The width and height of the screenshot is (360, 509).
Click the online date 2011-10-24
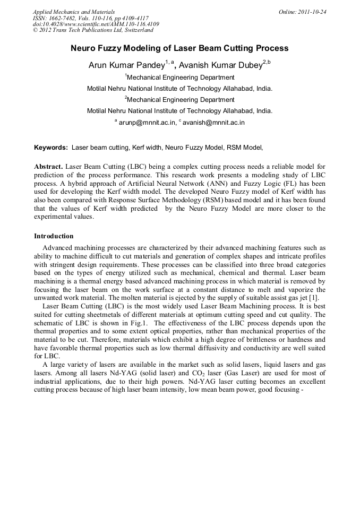(x=311, y=11)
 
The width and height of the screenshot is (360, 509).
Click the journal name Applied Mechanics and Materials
(x=73, y=11)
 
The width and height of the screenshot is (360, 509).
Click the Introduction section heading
(x=54, y=236)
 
